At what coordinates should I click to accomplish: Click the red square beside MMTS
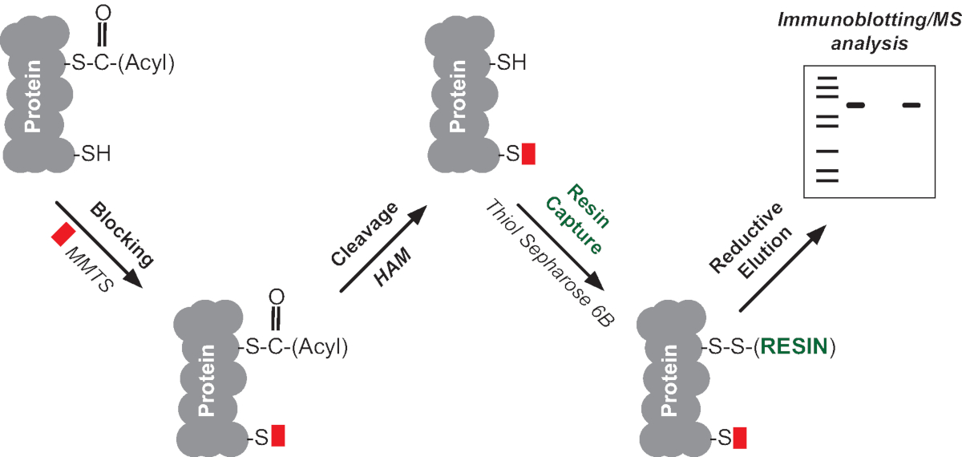(x=63, y=234)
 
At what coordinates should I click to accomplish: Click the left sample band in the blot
(x=855, y=105)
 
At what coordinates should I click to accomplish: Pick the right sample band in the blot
(x=911, y=105)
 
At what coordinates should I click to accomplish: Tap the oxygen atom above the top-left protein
(x=103, y=12)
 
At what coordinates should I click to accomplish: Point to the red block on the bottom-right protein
(x=739, y=438)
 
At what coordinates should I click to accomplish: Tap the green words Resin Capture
(x=571, y=216)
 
